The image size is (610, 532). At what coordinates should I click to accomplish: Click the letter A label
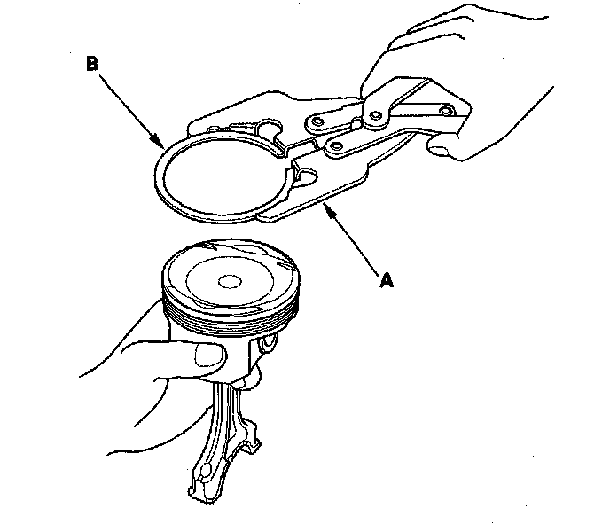click(386, 280)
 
